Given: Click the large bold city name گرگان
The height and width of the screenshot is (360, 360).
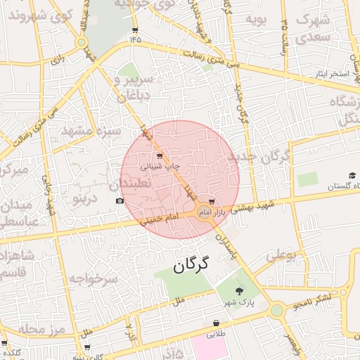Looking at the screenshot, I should pyautogui.click(x=191, y=265).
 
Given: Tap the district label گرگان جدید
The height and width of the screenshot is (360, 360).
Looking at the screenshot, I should pyautogui.click(x=259, y=160).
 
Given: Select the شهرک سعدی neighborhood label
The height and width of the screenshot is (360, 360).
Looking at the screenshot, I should pyautogui.click(x=314, y=28).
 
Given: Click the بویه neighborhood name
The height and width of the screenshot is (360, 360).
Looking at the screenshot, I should pyautogui.click(x=256, y=19).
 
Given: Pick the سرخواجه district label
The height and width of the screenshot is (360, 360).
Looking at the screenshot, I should pyautogui.click(x=91, y=278).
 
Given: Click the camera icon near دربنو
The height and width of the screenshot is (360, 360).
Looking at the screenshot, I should pyautogui.click(x=120, y=201).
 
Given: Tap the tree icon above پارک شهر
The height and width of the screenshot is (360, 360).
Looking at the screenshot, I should pyautogui.click(x=240, y=290).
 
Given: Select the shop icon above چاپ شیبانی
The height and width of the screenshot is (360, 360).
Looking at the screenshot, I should pyautogui.click(x=160, y=155).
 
